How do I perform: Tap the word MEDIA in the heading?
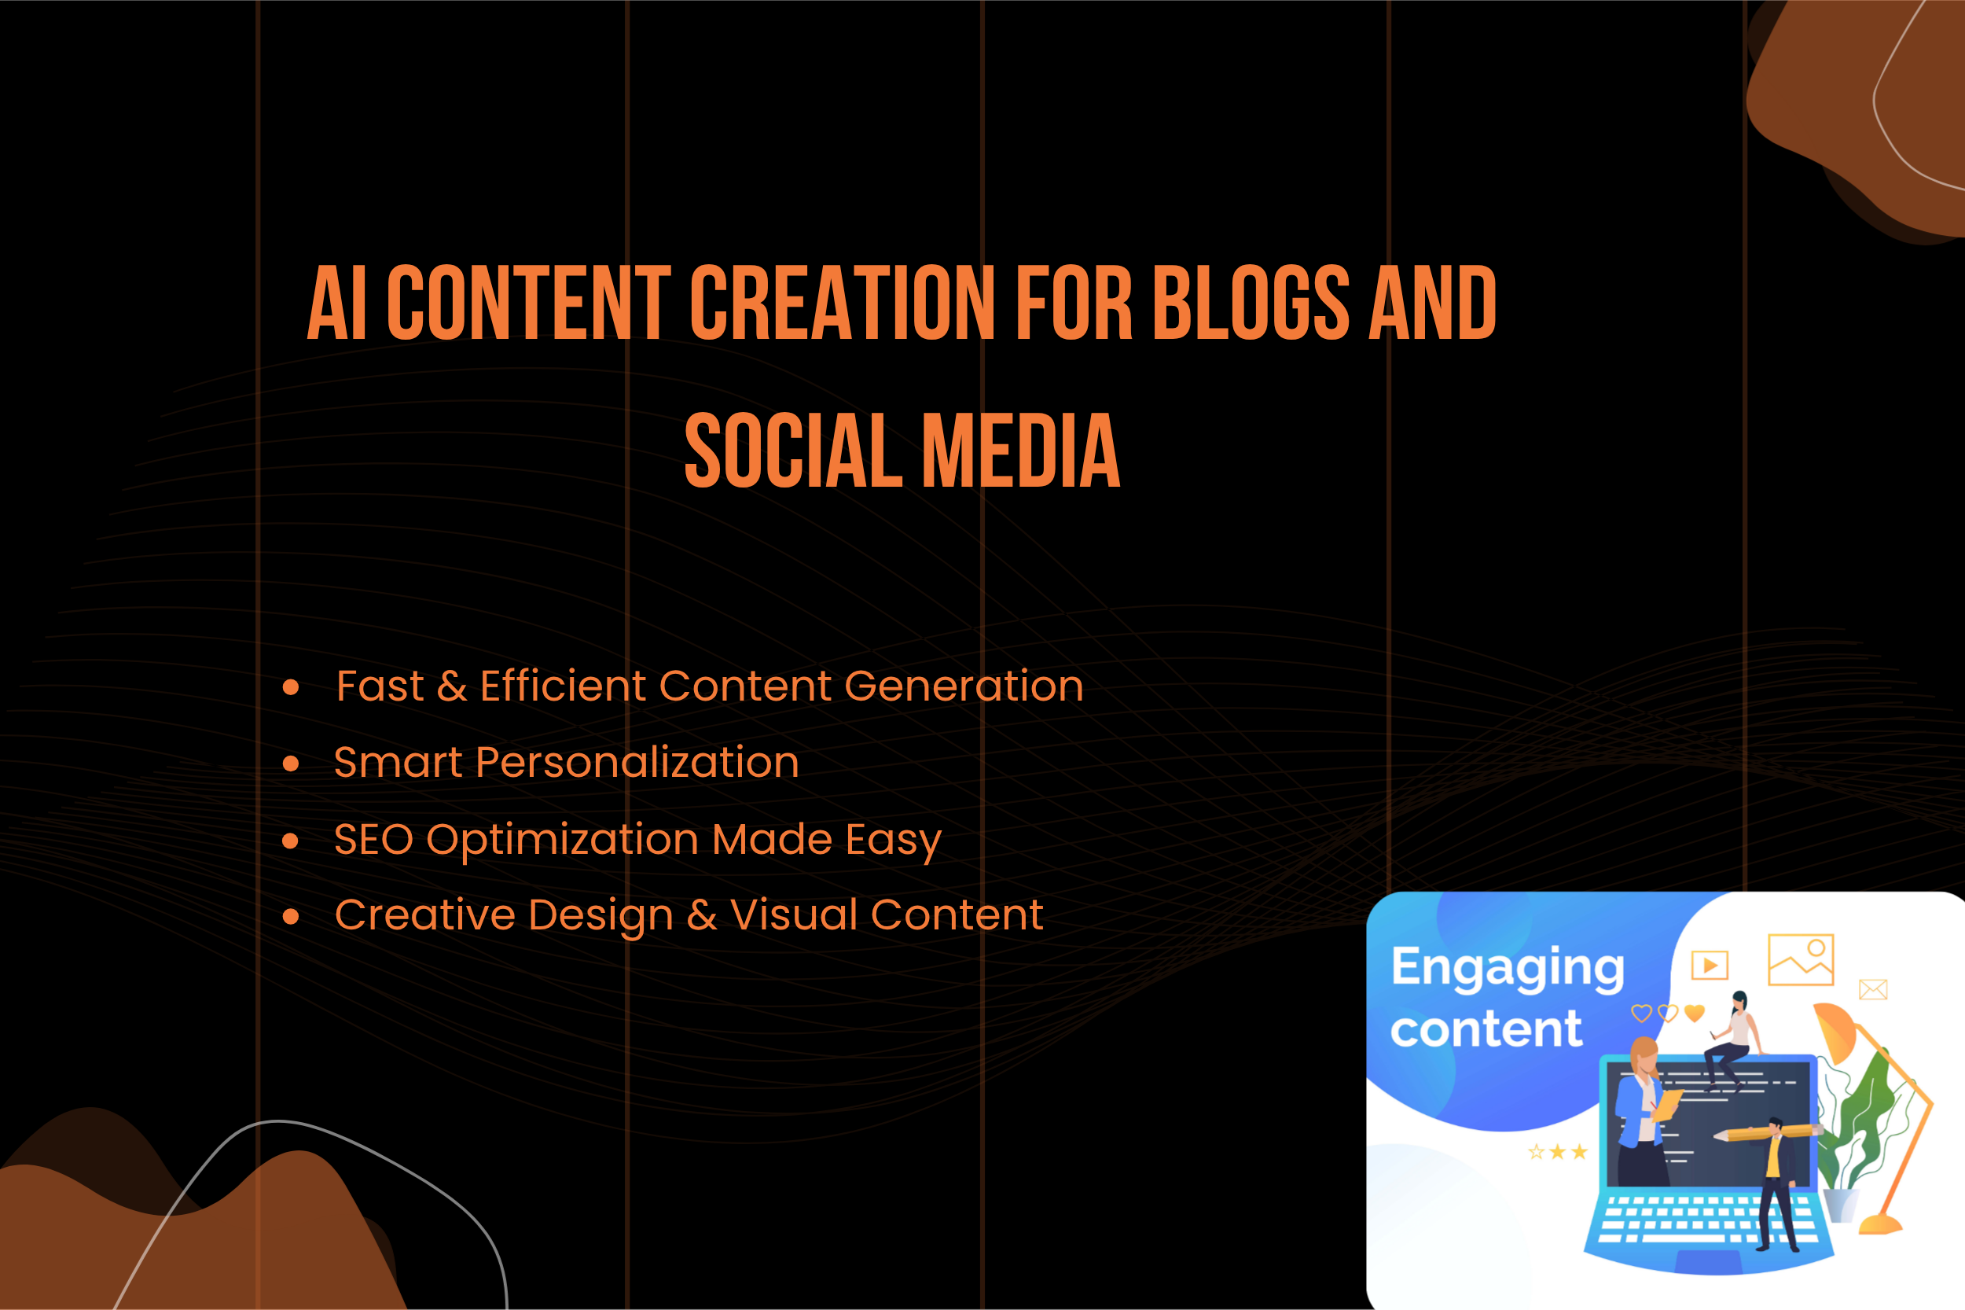[x=1020, y=451]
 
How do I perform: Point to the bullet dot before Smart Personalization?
[x=291, y=763]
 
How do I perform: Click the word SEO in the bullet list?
[x=373, y=840]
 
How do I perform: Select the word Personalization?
[x=637, y=764]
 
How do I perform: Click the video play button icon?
[x=1710, y=966]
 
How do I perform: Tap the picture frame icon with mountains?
[x=1801, y=960]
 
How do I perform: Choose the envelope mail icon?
[x=1873, y=990]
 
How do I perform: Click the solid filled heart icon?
[x=1695, y=1014]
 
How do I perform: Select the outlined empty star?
[x=1537, y=1153]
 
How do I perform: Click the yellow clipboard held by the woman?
[x=1668, y=1105]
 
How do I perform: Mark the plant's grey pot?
[x=1842, y=1205]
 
